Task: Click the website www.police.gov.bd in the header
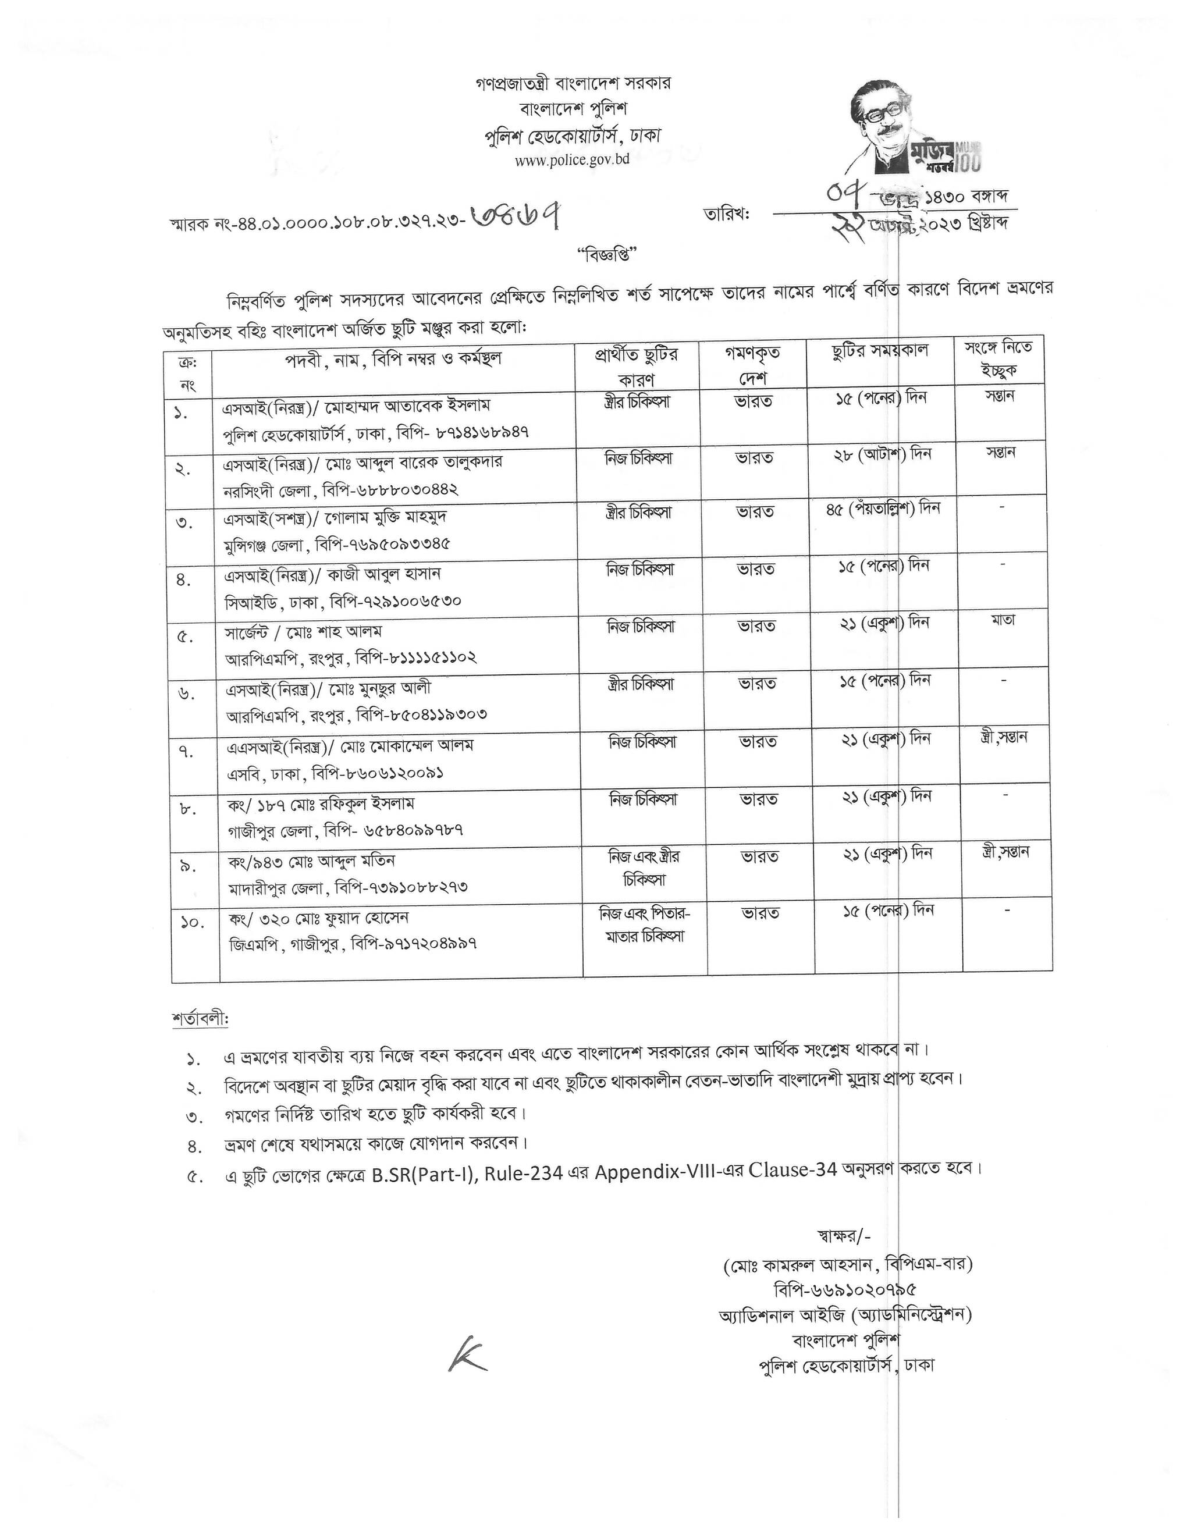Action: pos(572,159)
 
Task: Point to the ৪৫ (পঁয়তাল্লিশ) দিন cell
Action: pos(883,508)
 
